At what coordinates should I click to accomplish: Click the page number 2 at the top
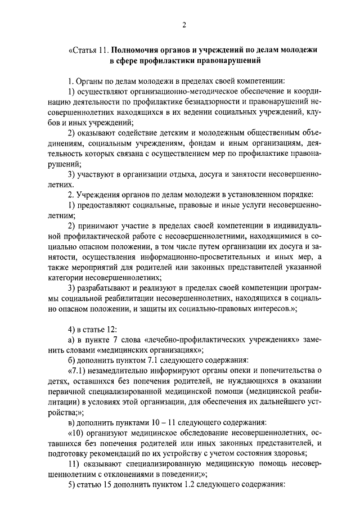pyautogui.click(x=183, y=24)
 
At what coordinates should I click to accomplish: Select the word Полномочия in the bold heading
pyautogui.click(x=136, y=49)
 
